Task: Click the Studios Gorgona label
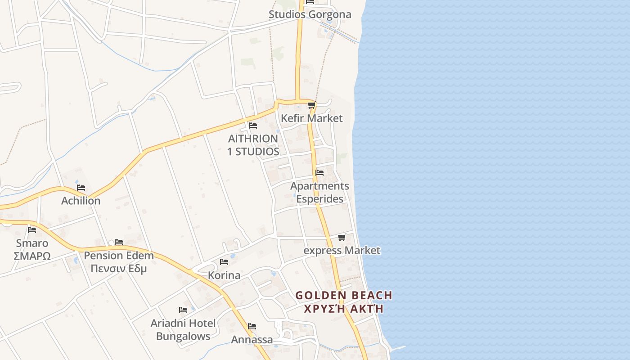[310, 14]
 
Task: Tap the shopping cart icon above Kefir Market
[311, 105]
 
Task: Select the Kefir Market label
[311, 118]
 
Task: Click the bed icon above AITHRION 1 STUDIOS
[253, 125]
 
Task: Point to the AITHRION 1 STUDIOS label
[253, 145]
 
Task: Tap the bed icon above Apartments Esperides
[319, 172]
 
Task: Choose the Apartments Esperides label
[319, 192]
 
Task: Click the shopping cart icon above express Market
[342, 237]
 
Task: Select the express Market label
[342, 251]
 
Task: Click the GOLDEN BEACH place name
[344, 296]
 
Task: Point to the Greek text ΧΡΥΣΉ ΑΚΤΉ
[344, 309]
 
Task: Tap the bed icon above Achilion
[81, 188]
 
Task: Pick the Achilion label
[81, 201]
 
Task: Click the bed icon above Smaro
[32, 229]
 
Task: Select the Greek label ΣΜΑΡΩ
[32, 256]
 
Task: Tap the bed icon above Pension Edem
[119, 242]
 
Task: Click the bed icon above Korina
[224, 262]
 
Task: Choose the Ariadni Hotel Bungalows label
[183, 329]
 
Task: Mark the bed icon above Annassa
[252, 326]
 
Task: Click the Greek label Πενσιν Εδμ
[119, 269]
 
